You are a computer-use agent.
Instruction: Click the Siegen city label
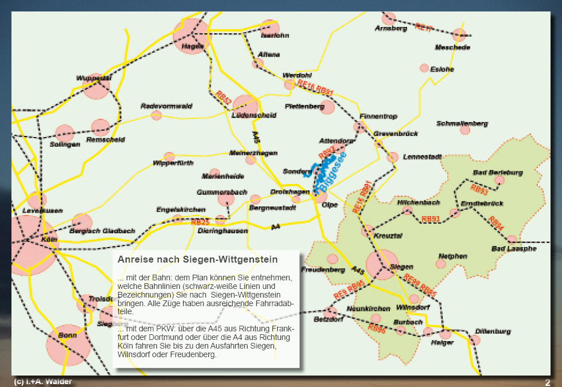(x=401, y=267)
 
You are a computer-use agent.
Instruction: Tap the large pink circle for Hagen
(x=191, y=36)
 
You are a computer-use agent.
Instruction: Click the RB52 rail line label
(x=224, y=97)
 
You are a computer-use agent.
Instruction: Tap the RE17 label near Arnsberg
(x=424, y=28)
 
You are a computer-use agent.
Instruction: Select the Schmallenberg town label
(x=462, y=123)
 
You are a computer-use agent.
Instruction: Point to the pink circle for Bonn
(x=68, y=344)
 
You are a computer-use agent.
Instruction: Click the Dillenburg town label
(x=493, y=331)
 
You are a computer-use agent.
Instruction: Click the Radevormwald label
(x=166, y=106)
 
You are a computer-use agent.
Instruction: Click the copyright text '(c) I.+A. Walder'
(x=43, y=382)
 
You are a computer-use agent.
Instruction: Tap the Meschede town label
(x=452, y=47)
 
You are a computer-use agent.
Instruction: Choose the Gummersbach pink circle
(x=226, y=199)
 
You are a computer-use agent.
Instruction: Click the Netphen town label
(x=453, y=256)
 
